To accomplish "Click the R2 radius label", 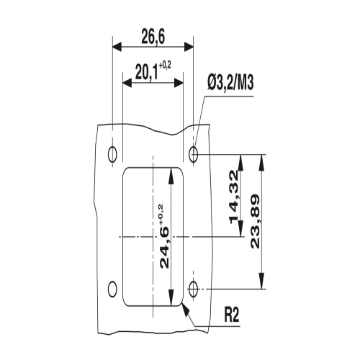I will click(x=232, y=315).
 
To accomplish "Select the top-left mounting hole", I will click(x=112, y=153).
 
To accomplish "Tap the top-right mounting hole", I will click(x=194, y=153).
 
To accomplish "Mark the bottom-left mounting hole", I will click(x=112, y=289).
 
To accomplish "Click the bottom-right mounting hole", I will click(x=194, y=289).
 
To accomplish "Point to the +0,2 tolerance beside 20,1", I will click(x=165, y=66).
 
